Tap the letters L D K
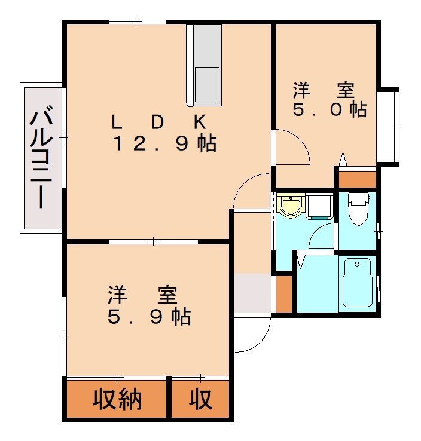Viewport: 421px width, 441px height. pyautogui.click(x=159, y=122)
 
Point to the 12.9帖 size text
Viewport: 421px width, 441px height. pyautogui.click(x=165, y=144)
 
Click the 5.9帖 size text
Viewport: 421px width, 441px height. pyautogui.click(x=149, y=317)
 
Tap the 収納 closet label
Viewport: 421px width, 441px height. pyautogui.click(x=117, y=400)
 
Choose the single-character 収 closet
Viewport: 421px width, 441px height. pyautogui.click(x=201, y=400)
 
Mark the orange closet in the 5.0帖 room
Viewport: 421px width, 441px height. pyautogui.click(x=357, y=179)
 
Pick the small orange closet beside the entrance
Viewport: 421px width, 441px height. pyautogui.click(x=284, y=294)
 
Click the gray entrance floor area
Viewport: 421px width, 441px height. pyautogui.click(x=252, y=293)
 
